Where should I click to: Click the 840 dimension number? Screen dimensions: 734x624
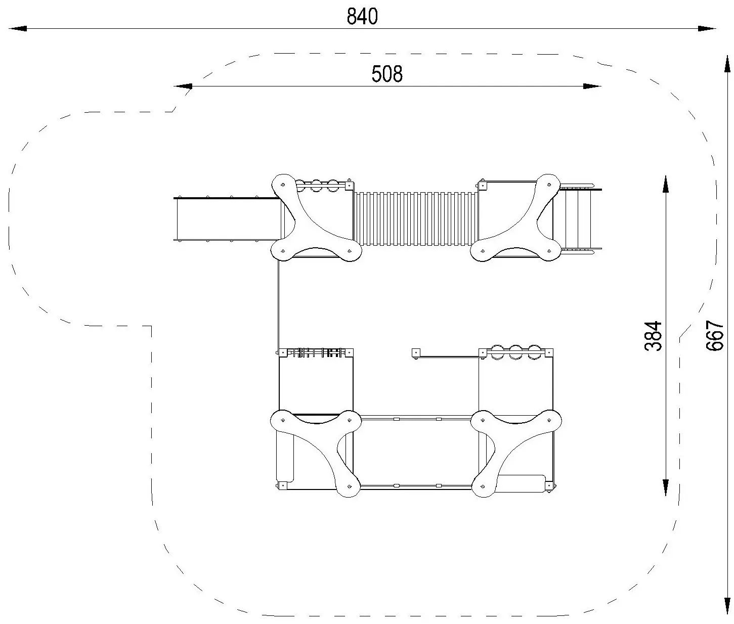tap(362, 17)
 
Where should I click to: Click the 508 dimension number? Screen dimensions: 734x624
tap(387, 74)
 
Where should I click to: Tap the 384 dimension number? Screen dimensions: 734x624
tap(653, 336)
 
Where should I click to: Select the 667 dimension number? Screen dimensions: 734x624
tap(714, 336)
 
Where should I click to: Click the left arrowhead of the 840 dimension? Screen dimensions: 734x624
tap(18, 28)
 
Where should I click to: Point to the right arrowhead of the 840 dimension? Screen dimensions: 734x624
tap(707, 28)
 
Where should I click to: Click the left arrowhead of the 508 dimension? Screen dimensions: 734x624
tap(183, 86)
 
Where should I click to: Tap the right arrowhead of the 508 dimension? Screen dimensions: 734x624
tap(592, 86)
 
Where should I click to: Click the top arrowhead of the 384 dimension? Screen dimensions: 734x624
tap(666, 184)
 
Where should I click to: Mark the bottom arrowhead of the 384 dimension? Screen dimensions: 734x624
tap(666, 487)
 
